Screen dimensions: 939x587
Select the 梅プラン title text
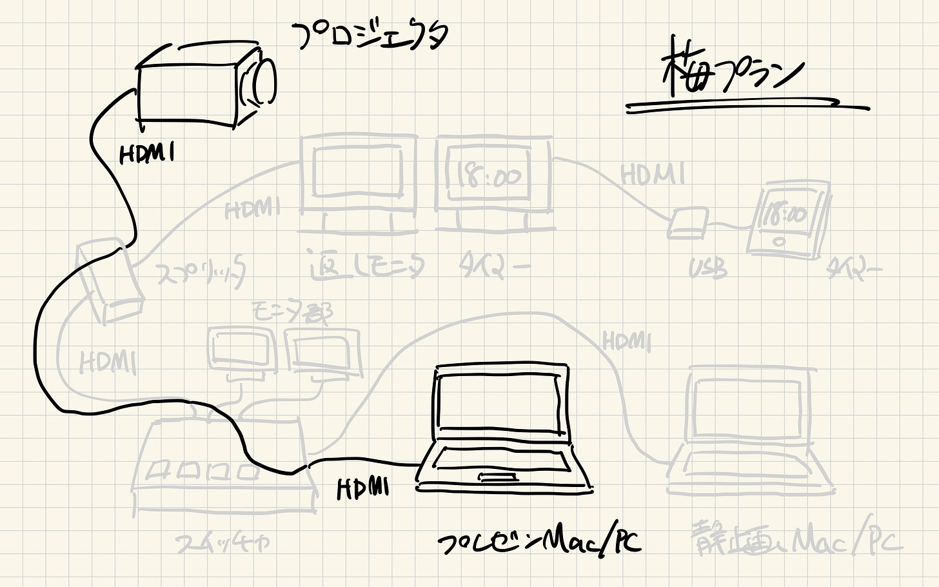733,72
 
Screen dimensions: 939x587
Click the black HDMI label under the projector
147,154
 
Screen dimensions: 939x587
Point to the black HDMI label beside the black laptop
363,488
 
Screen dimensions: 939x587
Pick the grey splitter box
108,280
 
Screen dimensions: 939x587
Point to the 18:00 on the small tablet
784,215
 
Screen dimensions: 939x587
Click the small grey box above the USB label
687,223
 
